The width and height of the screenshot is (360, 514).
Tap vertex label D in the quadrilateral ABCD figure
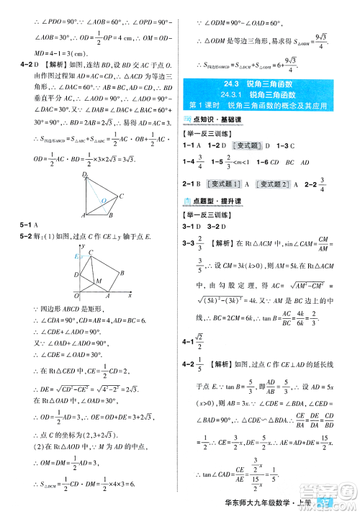[x=84, y=175]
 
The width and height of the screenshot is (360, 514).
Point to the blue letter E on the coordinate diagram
[x=75, y=256]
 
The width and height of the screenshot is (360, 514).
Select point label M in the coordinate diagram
[x=99, y=280]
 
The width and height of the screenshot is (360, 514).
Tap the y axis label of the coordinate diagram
[x=84, y=246]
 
